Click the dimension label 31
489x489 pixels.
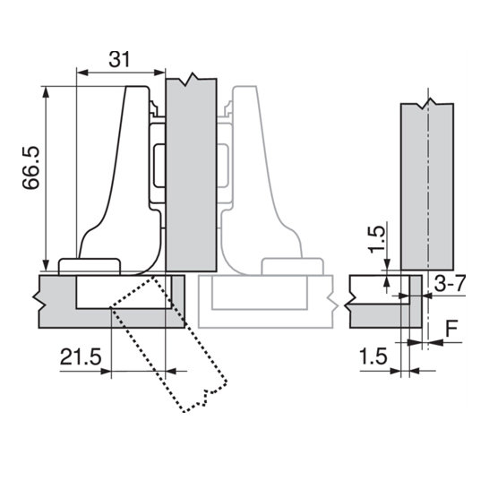click(x=119, y=60)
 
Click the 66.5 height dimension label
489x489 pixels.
click(x=31, y=167)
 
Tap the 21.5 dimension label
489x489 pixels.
click(x=81, y=356)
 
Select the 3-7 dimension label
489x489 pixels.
click(x=450, y=283)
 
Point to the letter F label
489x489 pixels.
click(x=451, y=329)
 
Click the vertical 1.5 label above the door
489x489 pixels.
click(x=376, y=239)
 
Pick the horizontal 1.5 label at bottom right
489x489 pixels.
click(x=373, y=356)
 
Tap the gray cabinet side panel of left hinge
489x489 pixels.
click(x=191, y=175)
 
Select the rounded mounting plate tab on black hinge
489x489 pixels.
click(x=90, y=267)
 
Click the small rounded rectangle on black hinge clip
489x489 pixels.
click(x=159, y=166)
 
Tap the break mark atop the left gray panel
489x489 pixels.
click(x=191, y=79)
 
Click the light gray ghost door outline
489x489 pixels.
click(x=268, y=302)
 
